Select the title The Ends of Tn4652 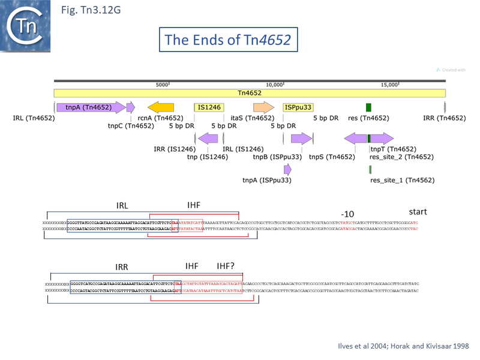click(x=228, y=40)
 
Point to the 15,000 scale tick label click(x=391, y=85)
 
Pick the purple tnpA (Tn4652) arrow click(x=91, y=107)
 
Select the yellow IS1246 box click(x=208, y=107)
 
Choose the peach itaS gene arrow click(x=263, y=107)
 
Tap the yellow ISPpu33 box click(x=298, y=107)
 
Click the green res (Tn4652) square click(x=368, y=107)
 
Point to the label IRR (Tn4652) click(x=444, y=118)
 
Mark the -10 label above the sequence click(x=347, y=214)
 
